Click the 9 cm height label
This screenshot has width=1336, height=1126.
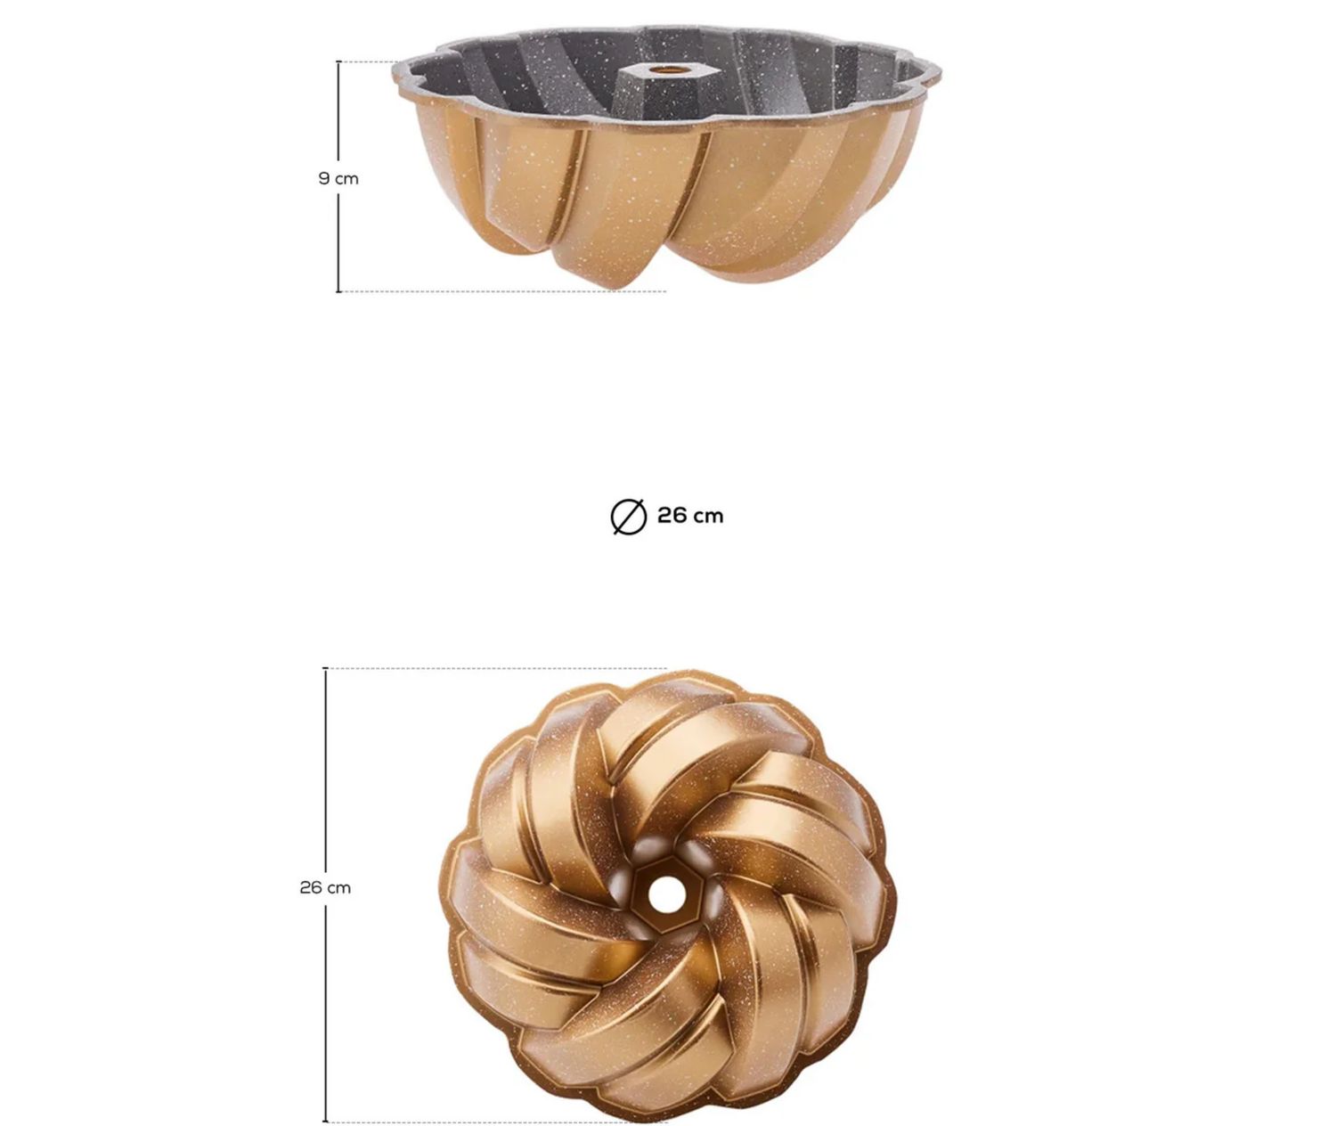click(338, 178)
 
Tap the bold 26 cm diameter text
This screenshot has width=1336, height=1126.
click(690, 516)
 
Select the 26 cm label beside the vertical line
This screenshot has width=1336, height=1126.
click(325, 887)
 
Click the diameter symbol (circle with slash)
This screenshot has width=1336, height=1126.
click(628, 517)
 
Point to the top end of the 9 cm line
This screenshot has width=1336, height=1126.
click(338, 62)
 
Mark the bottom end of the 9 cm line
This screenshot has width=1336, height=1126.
click(338, 290)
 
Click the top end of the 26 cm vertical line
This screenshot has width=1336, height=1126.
click(325, 669)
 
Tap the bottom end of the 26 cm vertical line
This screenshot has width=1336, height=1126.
click(325, 1121)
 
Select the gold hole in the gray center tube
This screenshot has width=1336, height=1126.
click(662, 69)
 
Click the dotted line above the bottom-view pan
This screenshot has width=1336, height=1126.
click(499, 668)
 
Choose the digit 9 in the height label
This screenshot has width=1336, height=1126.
click(325, 178)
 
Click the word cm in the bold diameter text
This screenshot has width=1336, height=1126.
click(709, 516)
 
